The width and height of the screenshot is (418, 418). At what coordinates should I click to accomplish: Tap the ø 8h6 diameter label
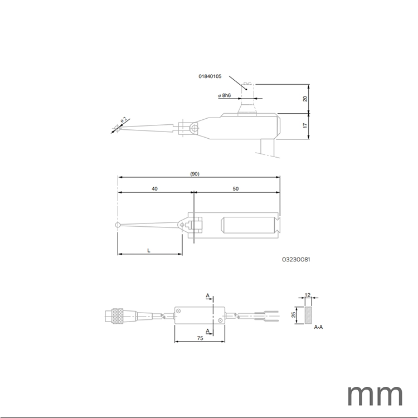click(x=224, y=96)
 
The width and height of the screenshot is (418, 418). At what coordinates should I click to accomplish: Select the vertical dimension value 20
click(x=305, y=98)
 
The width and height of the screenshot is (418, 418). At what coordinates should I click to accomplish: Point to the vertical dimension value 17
click(x=305, y=125)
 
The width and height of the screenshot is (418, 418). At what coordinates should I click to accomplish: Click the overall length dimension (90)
click(x=195, y=174)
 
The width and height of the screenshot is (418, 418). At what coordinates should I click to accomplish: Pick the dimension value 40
click(x=154, y=189)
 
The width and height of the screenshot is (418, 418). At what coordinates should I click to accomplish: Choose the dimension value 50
click(x=236, y=189)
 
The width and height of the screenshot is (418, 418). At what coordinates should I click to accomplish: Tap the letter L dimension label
click(x=149, y=251)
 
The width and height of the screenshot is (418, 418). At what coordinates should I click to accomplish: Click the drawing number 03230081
click(x=296, y=260)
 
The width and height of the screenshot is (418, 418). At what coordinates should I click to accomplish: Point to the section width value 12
click(x=307, y=296)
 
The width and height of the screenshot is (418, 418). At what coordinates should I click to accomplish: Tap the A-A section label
click(x=318, y=328)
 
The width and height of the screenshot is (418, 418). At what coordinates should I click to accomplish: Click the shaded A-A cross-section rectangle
click(x=308, y=315)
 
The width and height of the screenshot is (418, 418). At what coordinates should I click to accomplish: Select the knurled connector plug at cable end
click(x=118, y=317)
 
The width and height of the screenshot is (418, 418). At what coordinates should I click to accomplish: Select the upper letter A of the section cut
click(x=207, y=295)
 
